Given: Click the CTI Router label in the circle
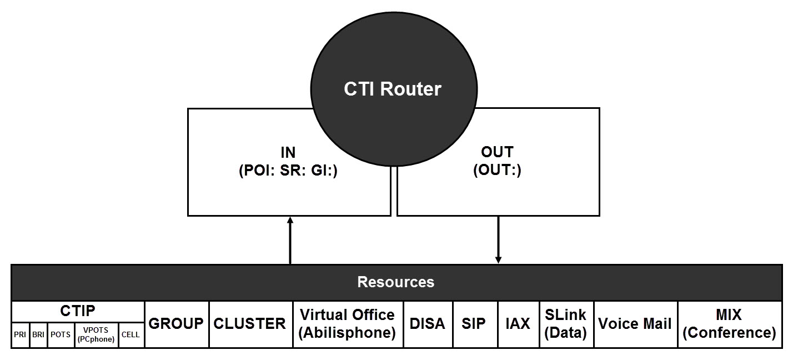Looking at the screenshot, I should [x=393, y=89].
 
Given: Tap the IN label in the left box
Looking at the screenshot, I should [x=288, y=152].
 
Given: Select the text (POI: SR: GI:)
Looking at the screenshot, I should [x=288, y=171].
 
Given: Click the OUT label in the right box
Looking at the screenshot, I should [x=497, y=152].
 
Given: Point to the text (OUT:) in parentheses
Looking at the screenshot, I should [x=497, y=171].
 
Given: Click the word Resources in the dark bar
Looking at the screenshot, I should [x=395, y=282].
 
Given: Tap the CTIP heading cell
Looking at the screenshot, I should [x=78, y=311].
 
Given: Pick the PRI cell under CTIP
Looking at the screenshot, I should [x=20, y=335].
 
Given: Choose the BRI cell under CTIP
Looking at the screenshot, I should [x=38, y=335].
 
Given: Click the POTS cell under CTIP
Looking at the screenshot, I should [x=61, y=335].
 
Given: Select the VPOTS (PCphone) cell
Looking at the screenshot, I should [x=96, y=335].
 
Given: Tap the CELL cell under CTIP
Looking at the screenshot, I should [x=131, y=335].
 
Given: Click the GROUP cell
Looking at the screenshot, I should [x=177, y=324].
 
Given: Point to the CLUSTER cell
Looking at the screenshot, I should [x=250, y=324].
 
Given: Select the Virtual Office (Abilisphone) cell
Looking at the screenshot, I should [x=348, y=324].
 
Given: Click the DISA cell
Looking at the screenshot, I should [x=428, y=324].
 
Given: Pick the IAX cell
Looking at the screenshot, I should [x=518, y=324].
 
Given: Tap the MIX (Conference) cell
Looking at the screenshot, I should [x=729, y=324].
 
